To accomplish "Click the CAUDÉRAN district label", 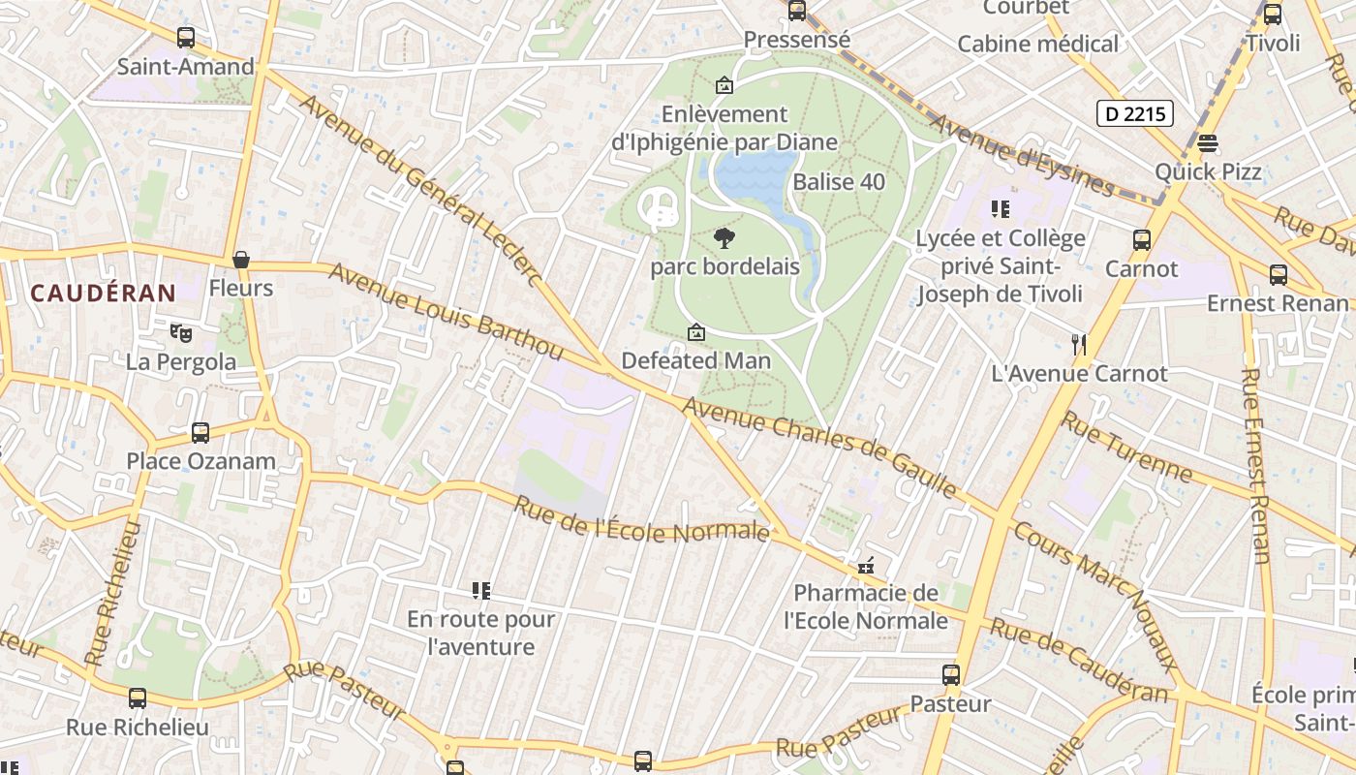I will (103, 293).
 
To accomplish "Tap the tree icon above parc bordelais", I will (724, 238).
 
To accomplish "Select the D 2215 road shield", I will (1135, 114).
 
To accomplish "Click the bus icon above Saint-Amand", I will (185, 38).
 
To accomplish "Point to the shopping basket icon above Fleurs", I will (241, 260).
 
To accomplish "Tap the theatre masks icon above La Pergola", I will (180, 333).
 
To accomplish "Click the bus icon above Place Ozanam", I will (200, 432).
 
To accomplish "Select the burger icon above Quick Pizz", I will (1207, 143).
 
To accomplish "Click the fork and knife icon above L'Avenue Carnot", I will (1079, 344).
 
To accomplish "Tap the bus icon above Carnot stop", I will (1142, 239).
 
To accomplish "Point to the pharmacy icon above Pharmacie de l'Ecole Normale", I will (866, 565).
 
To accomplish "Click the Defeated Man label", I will (695, 361).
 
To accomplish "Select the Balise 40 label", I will (839, 182).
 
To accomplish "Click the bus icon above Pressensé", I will (797, 11).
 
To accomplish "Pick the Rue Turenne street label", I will (1127, 447).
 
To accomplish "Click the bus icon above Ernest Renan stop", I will (1279, 274).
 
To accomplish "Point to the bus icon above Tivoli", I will (1273, 15).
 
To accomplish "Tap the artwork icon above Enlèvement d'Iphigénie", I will (724, 85).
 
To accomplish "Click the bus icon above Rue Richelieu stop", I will (138, 697).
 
